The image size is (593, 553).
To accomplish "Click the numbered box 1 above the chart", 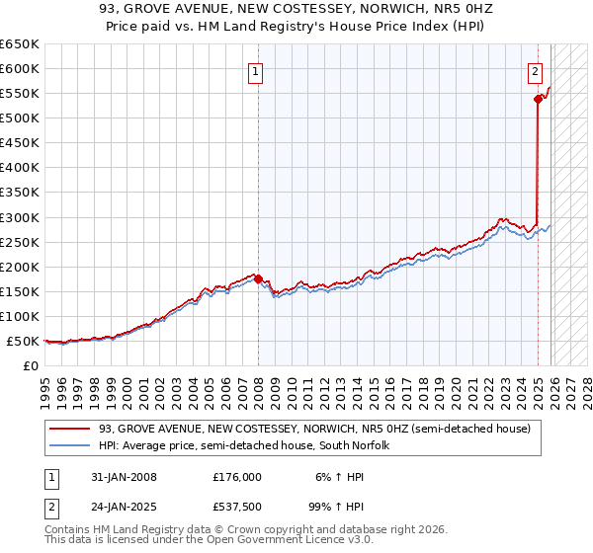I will click(x=255, y=71).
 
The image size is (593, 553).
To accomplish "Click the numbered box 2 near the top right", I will click(x=535, y=71).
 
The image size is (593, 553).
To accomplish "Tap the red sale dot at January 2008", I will click(x=258, y=279).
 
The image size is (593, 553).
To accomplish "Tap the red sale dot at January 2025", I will click(x=538, y=99).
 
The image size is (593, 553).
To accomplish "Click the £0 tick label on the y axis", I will click(x=32, y=365).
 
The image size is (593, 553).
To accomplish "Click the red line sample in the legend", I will click(x=70, y=429).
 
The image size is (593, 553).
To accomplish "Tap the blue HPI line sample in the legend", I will click(x=70, y=445).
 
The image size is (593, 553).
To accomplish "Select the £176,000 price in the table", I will click(x=238, y=476).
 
